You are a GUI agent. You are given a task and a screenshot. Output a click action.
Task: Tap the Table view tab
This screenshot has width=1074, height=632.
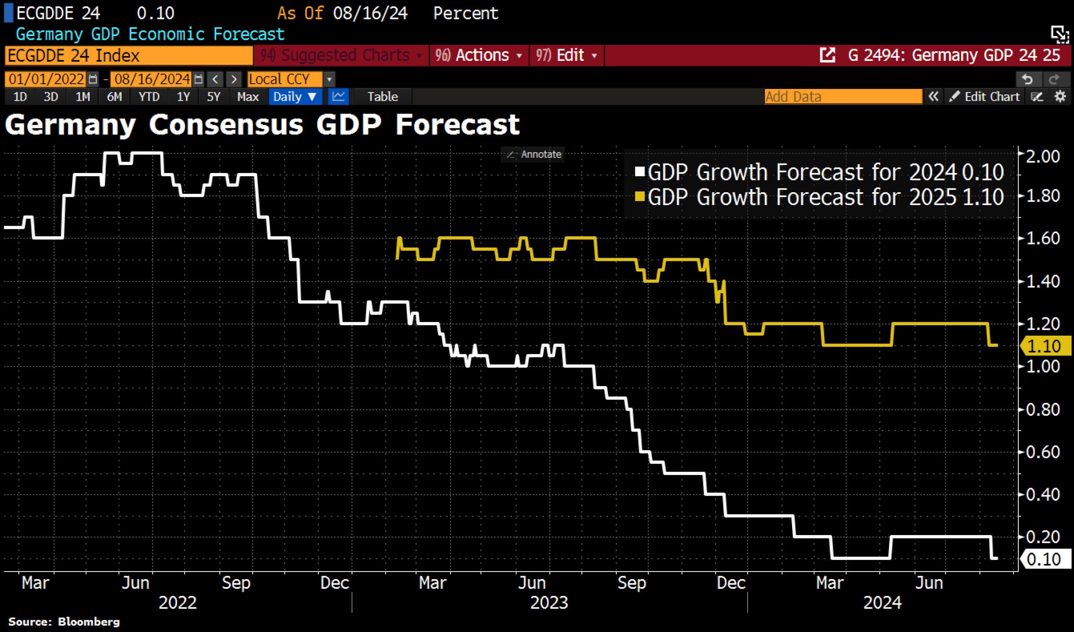[382, 97]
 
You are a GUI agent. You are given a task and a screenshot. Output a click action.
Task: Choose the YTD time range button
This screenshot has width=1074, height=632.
[149, 97]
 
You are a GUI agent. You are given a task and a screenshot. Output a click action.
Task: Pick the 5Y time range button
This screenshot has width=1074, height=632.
[213, 97]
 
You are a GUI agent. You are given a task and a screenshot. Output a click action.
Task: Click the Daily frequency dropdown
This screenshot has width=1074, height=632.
[295, 97]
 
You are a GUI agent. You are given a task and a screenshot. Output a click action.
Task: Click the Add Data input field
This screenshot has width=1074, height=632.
[842, 97]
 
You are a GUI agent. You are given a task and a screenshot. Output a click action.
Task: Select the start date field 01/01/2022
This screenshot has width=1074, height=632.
[47, 79]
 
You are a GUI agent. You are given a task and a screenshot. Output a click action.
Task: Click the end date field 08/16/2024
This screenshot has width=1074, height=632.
[152, 79]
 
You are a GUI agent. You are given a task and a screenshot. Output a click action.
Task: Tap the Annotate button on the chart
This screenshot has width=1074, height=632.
[533, 154]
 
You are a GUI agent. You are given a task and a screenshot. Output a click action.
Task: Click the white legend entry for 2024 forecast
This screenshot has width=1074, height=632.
[818, 172]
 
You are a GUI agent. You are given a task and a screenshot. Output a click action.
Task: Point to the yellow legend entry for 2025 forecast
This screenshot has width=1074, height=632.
[818, 197]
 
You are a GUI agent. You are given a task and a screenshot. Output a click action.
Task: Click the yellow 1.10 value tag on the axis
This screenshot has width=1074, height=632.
[1044, 346]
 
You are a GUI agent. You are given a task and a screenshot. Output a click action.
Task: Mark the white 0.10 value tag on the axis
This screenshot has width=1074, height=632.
[1044, 559]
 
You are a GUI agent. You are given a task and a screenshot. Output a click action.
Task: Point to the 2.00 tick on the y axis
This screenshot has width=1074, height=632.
[1043, 157]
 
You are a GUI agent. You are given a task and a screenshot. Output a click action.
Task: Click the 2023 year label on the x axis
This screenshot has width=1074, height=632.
[549, 603]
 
